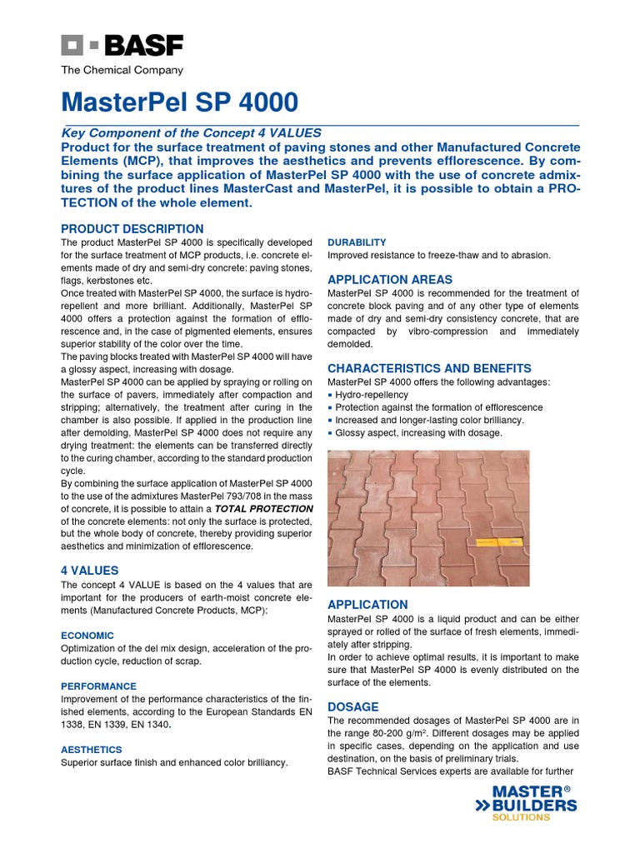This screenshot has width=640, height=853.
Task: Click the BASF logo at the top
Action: click(122, 45)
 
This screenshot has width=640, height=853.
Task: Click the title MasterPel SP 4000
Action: click(179, 102)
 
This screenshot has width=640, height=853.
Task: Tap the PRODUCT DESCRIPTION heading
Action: click(132, 228)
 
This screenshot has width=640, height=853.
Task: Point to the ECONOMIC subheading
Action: click(87, 635)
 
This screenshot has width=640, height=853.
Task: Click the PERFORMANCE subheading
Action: click(98, 686)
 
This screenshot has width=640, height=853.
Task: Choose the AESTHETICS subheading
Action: click(92, 750)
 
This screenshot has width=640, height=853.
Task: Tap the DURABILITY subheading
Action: click(357, 242)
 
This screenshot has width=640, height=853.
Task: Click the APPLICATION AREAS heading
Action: click(391, 279)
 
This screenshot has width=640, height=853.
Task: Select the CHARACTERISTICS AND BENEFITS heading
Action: click(429, 368)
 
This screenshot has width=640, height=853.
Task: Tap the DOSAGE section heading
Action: click(352, 706)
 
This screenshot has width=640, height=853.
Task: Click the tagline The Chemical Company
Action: click(122, 71)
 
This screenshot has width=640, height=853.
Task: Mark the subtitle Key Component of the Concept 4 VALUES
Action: click(191, 133)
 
